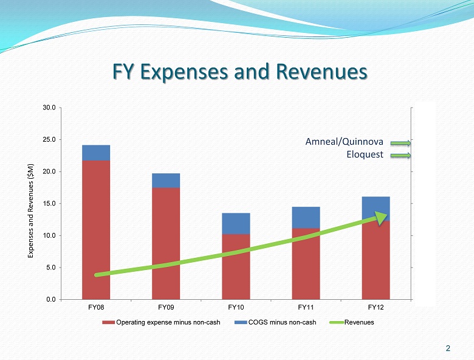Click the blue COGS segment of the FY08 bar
(x=96, y=153)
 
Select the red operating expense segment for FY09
(x=166, y=243)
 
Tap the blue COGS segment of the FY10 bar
(x=236, y=223)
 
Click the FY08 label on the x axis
(x=96, y=307)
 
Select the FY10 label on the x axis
(x=236, y=307)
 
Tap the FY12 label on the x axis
(x=376, y=307)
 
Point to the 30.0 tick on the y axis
(x=49, y=108)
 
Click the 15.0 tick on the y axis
(x=49, y=203)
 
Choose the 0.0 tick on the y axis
(x=50, y=299)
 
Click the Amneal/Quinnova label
(x=344, y=142)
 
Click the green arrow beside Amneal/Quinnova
(x=400, y=144)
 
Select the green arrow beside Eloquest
(x=400, y=156)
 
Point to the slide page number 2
(x=448, y=348)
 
